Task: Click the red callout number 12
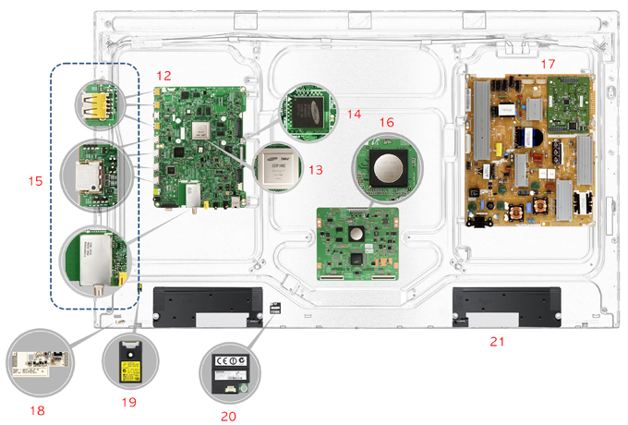163,74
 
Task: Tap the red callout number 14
354,112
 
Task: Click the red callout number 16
386,121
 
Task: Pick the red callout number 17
548,64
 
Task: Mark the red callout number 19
127,402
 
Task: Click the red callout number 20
227,416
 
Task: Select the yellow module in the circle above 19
127,367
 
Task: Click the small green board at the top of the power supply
565,101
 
